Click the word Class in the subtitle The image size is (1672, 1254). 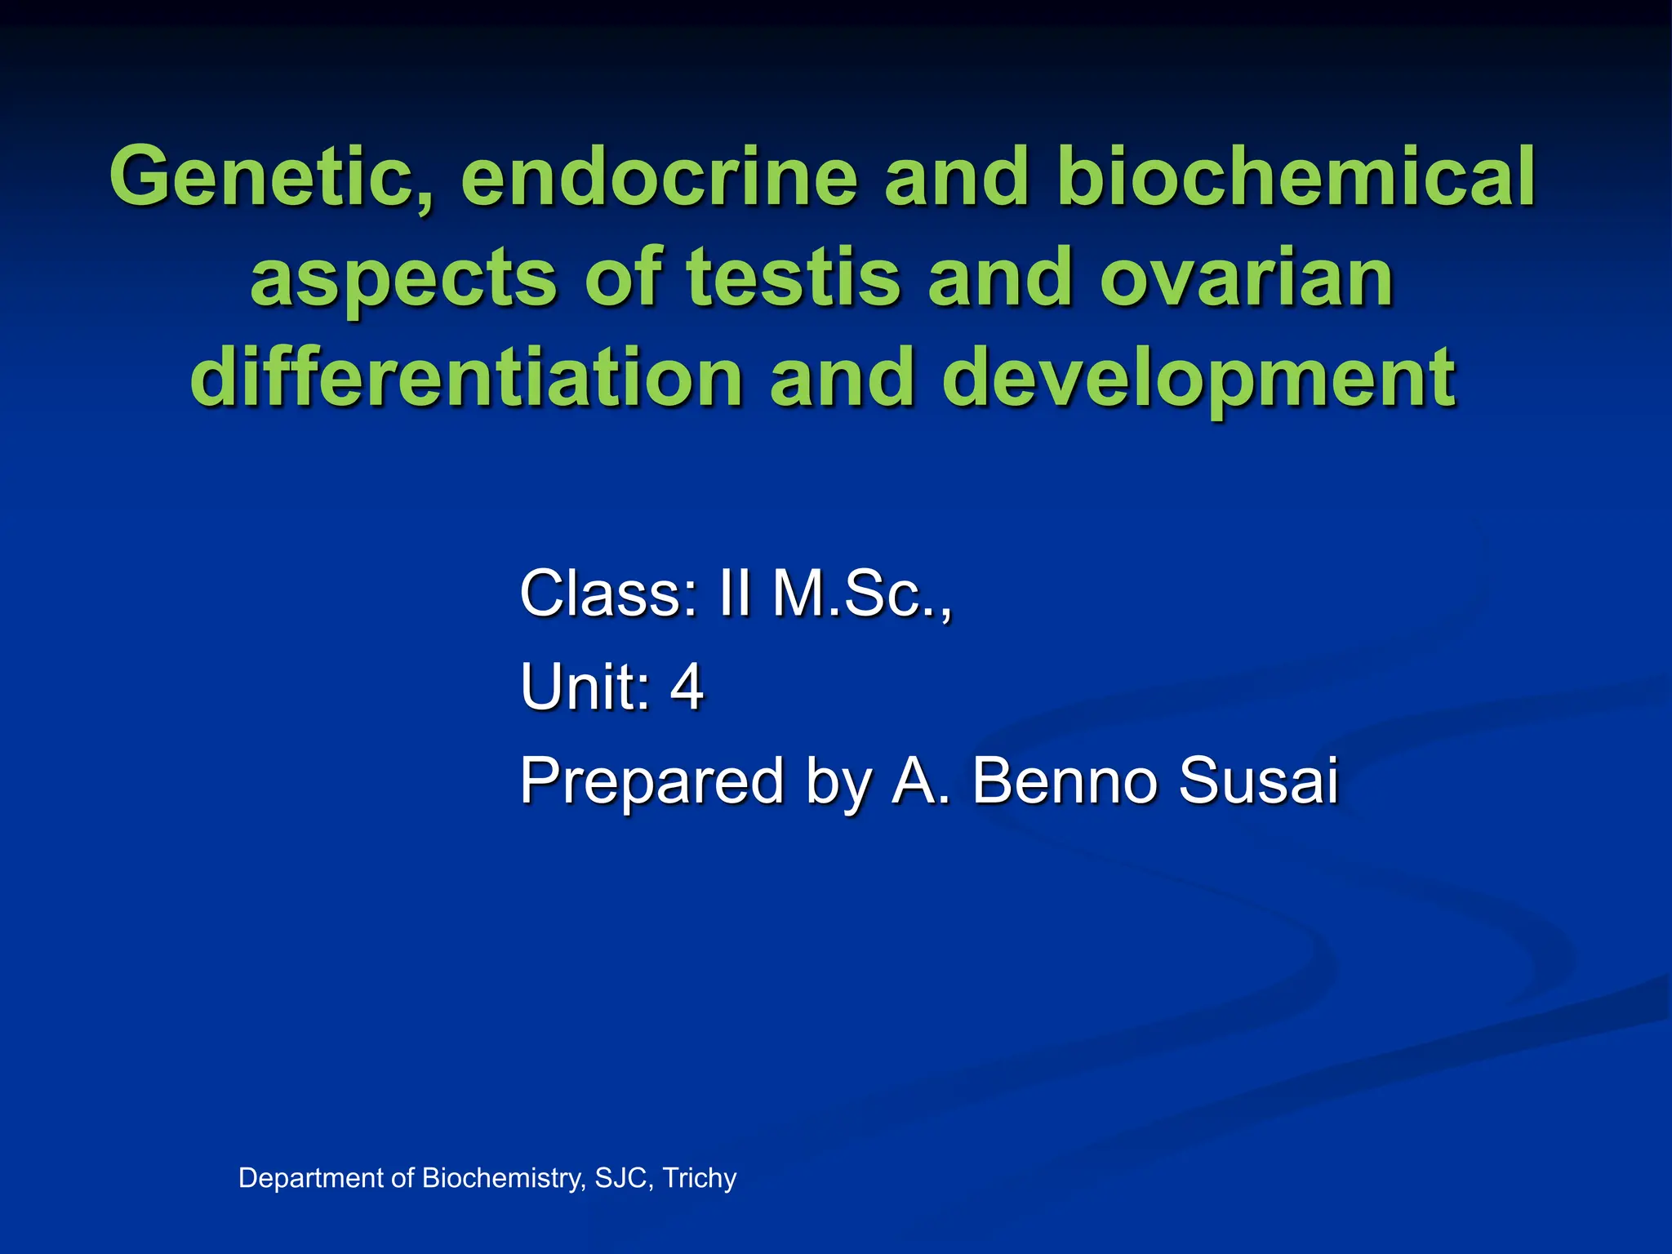[x=609, y=594]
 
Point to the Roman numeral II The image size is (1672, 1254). [x=734, y=594]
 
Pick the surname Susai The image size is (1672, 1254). [x=1257, y=781]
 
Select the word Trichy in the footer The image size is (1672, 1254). [x=700, y=1178]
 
